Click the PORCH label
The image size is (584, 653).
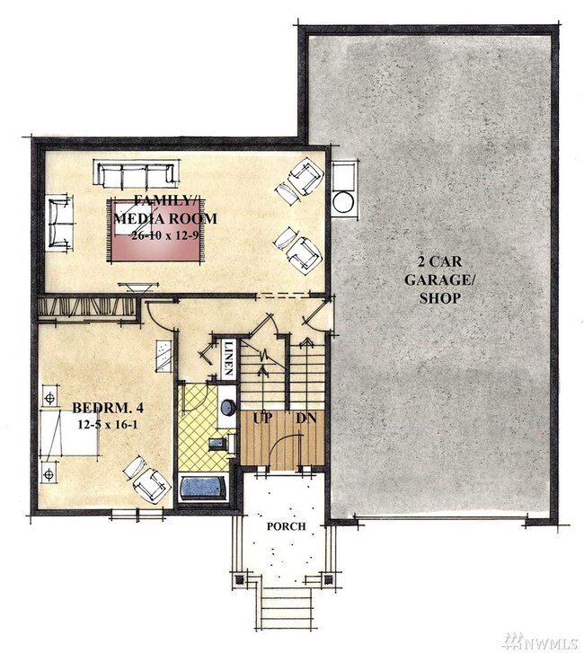click(x=287, y=526)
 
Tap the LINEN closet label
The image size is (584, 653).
click(x=228, y=358)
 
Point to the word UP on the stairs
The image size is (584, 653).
click(x=263, y=418)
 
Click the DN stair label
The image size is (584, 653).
click(x=306, y=418)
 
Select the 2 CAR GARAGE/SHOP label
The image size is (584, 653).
click(x=440, y=280)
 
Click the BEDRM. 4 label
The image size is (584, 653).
click(x=108, y=408)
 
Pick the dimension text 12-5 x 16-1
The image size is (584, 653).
click(x=108, y=425)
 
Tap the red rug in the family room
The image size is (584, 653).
click(x=156, y=230)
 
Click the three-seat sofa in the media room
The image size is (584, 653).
click(x=137, y=175)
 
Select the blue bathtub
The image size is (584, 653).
click(x=203, y=488)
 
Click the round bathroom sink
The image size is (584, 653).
click(x=227, y=408)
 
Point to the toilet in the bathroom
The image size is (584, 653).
click(x=221, y=443)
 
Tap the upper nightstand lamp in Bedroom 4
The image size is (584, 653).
click(x=50, y=398)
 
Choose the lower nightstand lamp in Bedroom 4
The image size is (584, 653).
click(x=49, y=473)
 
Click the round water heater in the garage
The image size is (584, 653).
click(x=343, y=202)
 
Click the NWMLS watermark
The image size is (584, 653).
click(x=541, y=641)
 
